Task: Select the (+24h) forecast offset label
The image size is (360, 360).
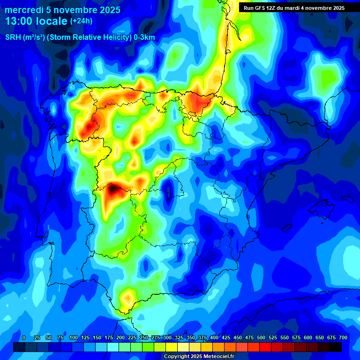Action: pyautogui.click(x=81, y=21)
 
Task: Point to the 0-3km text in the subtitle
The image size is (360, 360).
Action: pyautogui.click(x=144, y=37)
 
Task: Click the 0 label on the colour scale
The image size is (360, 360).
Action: pyautogui.click(x=24, y=337)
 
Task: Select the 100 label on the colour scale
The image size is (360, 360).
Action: pyautogui.click(x=74, y=337)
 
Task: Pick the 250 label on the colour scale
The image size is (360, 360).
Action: pyautogui.click(x=144, y=337)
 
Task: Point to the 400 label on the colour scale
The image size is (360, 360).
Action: pyautogui.click(x=214, y=337)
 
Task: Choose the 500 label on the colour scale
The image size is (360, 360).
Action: pyautogui.click(x=261, y=337)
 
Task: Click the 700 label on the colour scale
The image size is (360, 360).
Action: pyautogui.click(x=343, y=337)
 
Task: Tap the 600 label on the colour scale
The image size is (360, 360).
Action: pyautogui.click(x=308, y=337)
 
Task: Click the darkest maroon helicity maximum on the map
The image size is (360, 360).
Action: pyautogui.click(x=112, y=190)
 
